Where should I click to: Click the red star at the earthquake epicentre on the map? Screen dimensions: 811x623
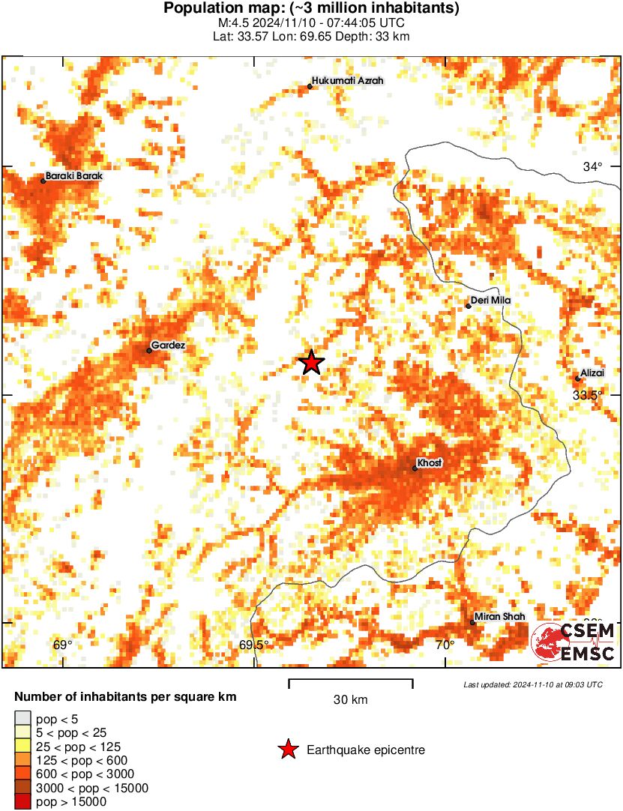pyautogui.click(x=311, y=363)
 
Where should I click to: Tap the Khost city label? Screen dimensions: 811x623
pyautogui.click(x=430, y=463)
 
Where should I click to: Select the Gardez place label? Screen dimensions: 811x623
pyautogui.click(x=168, y=346)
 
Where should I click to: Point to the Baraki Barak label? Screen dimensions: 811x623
pyautogui.click(x=73, y=176)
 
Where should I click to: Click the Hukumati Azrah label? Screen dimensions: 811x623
pyautogui.click(x=348, y=81)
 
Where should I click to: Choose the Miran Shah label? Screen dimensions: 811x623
pyautogui.click(x=499, y=616)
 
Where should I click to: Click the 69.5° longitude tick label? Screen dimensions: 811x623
pyautogui.click(x=254, y=645)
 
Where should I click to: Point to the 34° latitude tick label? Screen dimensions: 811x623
pyautogui.click(x=592, y=166)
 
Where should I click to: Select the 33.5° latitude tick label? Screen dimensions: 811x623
pyautogui.click(x=588, y=394)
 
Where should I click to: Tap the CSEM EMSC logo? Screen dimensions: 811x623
pyautogui.click(x=574, y=642)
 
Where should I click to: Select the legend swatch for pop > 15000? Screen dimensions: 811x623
pyautogui.click(x=22, y=802)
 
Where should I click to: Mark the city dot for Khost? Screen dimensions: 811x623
pyautogui.click(x=415, y=468)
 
